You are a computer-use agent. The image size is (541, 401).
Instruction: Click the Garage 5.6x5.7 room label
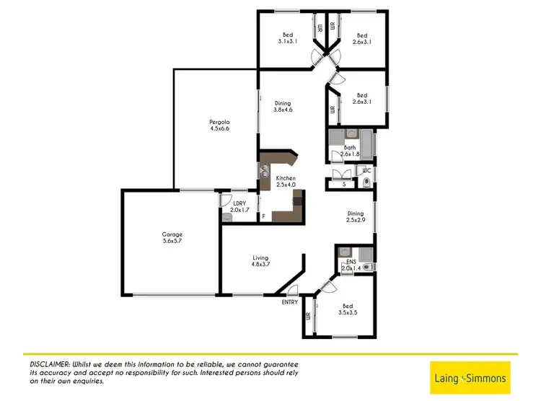pyautogui.click(x=172, y=237)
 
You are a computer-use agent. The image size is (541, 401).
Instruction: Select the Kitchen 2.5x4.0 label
pyautogui.click(x=285, y=181)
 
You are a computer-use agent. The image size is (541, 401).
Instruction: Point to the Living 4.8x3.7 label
pyautogui.click(x=260, y=261)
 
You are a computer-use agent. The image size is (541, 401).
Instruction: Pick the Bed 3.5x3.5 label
pyautogui.click(x=348, y=309)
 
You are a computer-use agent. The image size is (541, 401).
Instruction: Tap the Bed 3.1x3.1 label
pyautogui.click(x=287, y=39)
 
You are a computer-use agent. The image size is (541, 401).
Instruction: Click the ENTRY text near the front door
pyautogui.click(x=289, y=302)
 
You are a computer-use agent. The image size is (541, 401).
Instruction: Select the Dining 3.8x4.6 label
pyautogui.click(x=282, y=106)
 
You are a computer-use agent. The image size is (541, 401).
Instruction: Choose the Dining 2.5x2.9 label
pyautogui.click(x=356, y=216)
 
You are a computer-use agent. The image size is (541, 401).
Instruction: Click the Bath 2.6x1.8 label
pyautogui.click(x=350, y=150)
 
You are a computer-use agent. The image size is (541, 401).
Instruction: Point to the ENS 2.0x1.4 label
pyautogui.click(x=351, y=265)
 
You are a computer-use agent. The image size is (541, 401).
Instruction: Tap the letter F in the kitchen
pyautogui.click(x=263, y=216)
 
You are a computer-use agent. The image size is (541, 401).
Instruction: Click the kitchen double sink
pyautogui.click(x=264, y=173)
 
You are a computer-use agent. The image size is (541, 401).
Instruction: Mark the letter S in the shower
pyautogui.click(x=343, y=185)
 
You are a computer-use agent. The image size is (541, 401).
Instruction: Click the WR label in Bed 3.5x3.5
pyautogui.click(x=308, y=316)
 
